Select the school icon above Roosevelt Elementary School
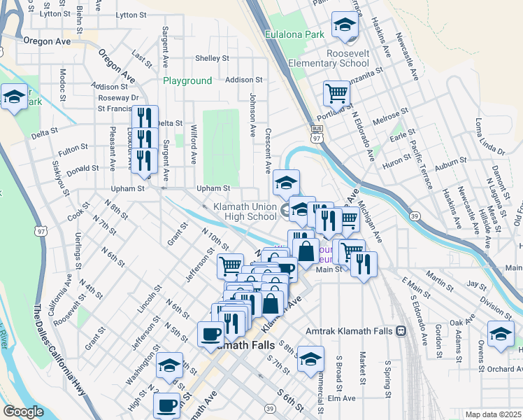click(x=344, y=25)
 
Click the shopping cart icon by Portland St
click(x=336, y=93)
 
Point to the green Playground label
click(x=187, y=80)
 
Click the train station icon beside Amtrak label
click(x=401, y=330)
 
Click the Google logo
click(x=23, y=412)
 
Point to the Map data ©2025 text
click(x=493, y=414)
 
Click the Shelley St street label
click(x=213, y=58)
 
